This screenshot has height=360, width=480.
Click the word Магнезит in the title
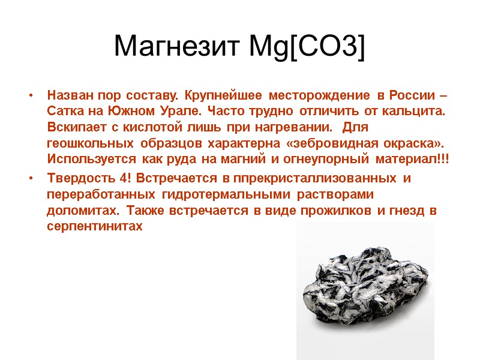click(176, 46)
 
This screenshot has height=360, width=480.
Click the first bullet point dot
click(29, 96)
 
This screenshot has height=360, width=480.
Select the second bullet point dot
click(29, 179)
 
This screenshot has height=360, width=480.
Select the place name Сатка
click(64, 112)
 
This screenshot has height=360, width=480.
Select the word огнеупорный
click(326, 160)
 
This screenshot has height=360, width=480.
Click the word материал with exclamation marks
click(416, 160)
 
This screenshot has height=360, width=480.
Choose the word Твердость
click(79, 178)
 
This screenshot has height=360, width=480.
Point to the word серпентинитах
click(95, 227)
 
